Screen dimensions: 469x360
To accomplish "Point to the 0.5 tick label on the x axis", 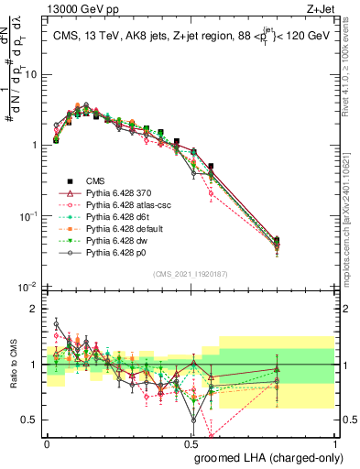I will pos(191,443).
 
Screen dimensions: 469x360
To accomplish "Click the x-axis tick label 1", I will pos(336,443).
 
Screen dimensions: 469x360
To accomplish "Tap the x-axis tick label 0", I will pos(47,443).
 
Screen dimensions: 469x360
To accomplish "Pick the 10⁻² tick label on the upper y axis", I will pos(29,286).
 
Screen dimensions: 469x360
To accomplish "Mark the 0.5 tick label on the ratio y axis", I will pos(33,420).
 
